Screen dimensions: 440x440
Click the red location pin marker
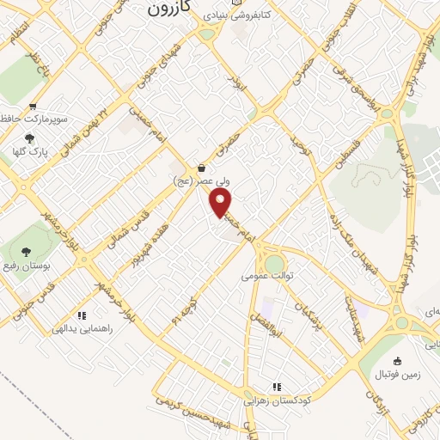click(222, 203)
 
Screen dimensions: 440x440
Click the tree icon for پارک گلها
click(30, 138)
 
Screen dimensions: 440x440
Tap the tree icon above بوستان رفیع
click(23, 249)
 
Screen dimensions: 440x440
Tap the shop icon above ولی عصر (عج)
click(201, 168)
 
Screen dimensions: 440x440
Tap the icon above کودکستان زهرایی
click(277, 387)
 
